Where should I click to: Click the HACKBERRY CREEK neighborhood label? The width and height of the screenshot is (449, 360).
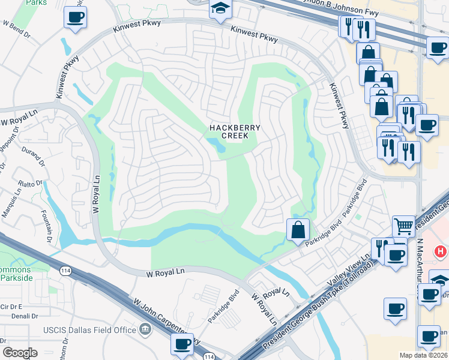[x=229, y=131]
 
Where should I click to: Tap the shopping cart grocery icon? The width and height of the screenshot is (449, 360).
[x=403, y=226]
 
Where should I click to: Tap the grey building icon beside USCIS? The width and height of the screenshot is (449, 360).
[x=145, y=329]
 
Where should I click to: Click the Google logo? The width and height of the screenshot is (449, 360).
[x=20, y=352]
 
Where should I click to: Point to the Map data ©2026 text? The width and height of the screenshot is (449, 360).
[x=423, y=355]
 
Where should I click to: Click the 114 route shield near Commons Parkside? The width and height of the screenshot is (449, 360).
[x=65, y=271]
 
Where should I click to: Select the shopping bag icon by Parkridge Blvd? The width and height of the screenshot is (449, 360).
[x=298, y=230]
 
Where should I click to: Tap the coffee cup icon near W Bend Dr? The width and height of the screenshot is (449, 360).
[x=76, y=17]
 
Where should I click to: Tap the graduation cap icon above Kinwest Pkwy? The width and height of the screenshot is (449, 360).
[x=220, y=8]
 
